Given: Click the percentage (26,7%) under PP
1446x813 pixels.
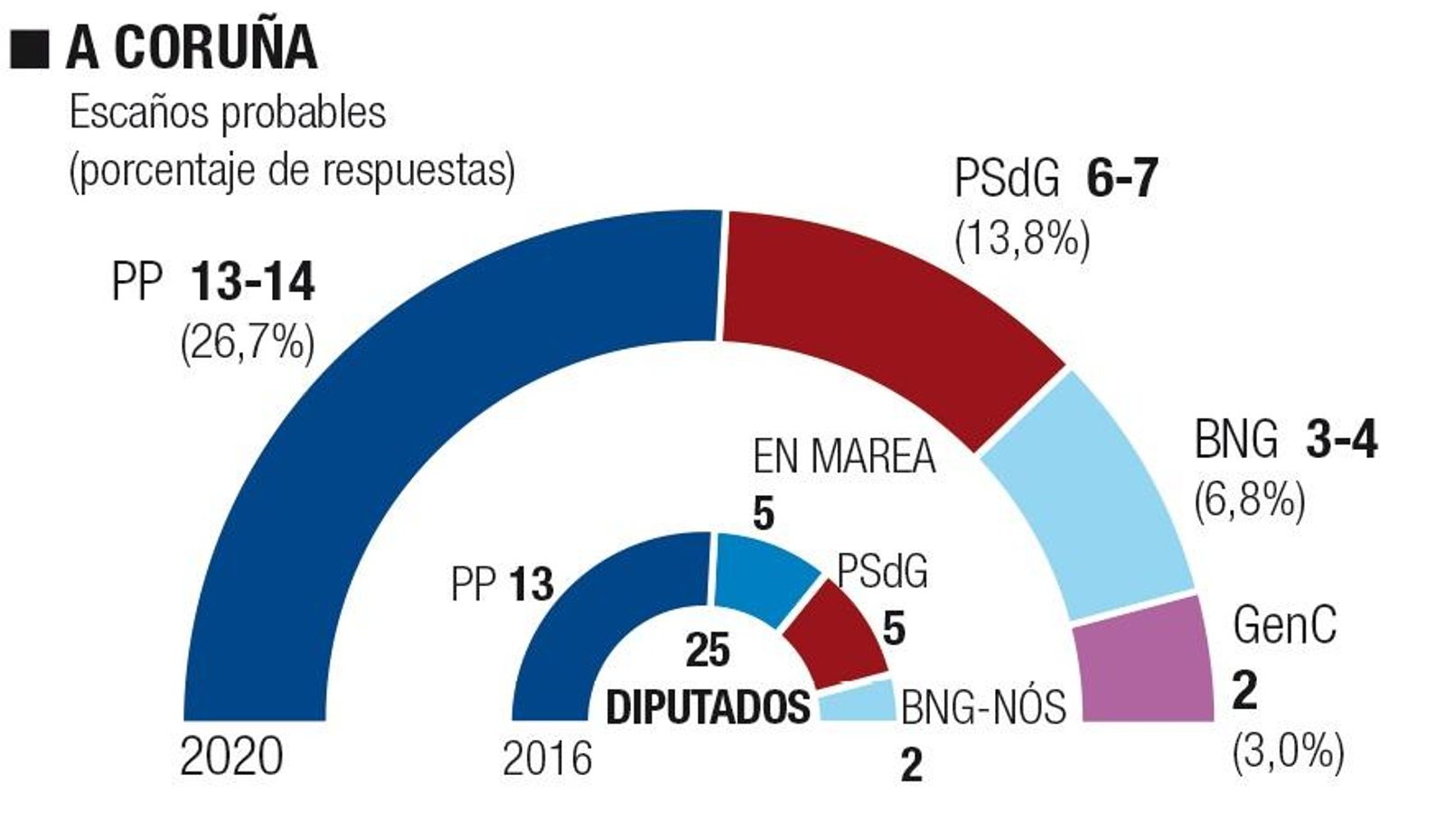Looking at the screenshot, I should [x=248, y=342].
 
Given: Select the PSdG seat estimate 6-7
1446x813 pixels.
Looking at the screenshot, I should [x=1122, y=178].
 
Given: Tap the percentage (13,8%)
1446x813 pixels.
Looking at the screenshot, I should [x=1022, y=238].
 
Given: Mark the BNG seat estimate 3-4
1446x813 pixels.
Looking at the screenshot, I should [x=1341, y=441].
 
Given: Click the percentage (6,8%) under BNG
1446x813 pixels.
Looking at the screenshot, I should [x=1250, y=500].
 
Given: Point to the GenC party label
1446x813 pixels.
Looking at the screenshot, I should [x=1284, y=624].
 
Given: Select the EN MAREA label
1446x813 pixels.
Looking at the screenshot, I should [x=843, y=456].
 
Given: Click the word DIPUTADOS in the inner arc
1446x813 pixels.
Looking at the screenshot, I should [x=708, y=706].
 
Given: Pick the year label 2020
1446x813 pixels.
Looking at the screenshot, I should [x=231, y=756].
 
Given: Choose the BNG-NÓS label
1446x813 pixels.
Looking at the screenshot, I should [x=983, y=706].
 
